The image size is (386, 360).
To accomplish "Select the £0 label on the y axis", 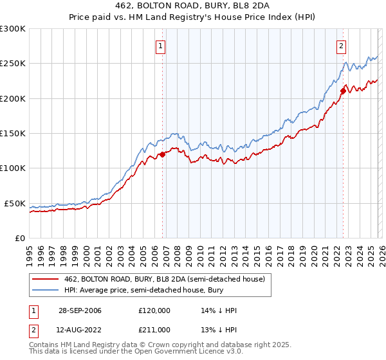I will [19, 238].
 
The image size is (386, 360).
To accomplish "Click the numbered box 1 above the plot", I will [160, 46].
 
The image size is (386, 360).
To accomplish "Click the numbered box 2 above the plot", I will [340, 46].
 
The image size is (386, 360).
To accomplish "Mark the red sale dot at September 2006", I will [163, 154].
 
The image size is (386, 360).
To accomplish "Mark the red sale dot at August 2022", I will [343, 91].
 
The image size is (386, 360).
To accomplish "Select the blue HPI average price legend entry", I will [154, 291].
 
